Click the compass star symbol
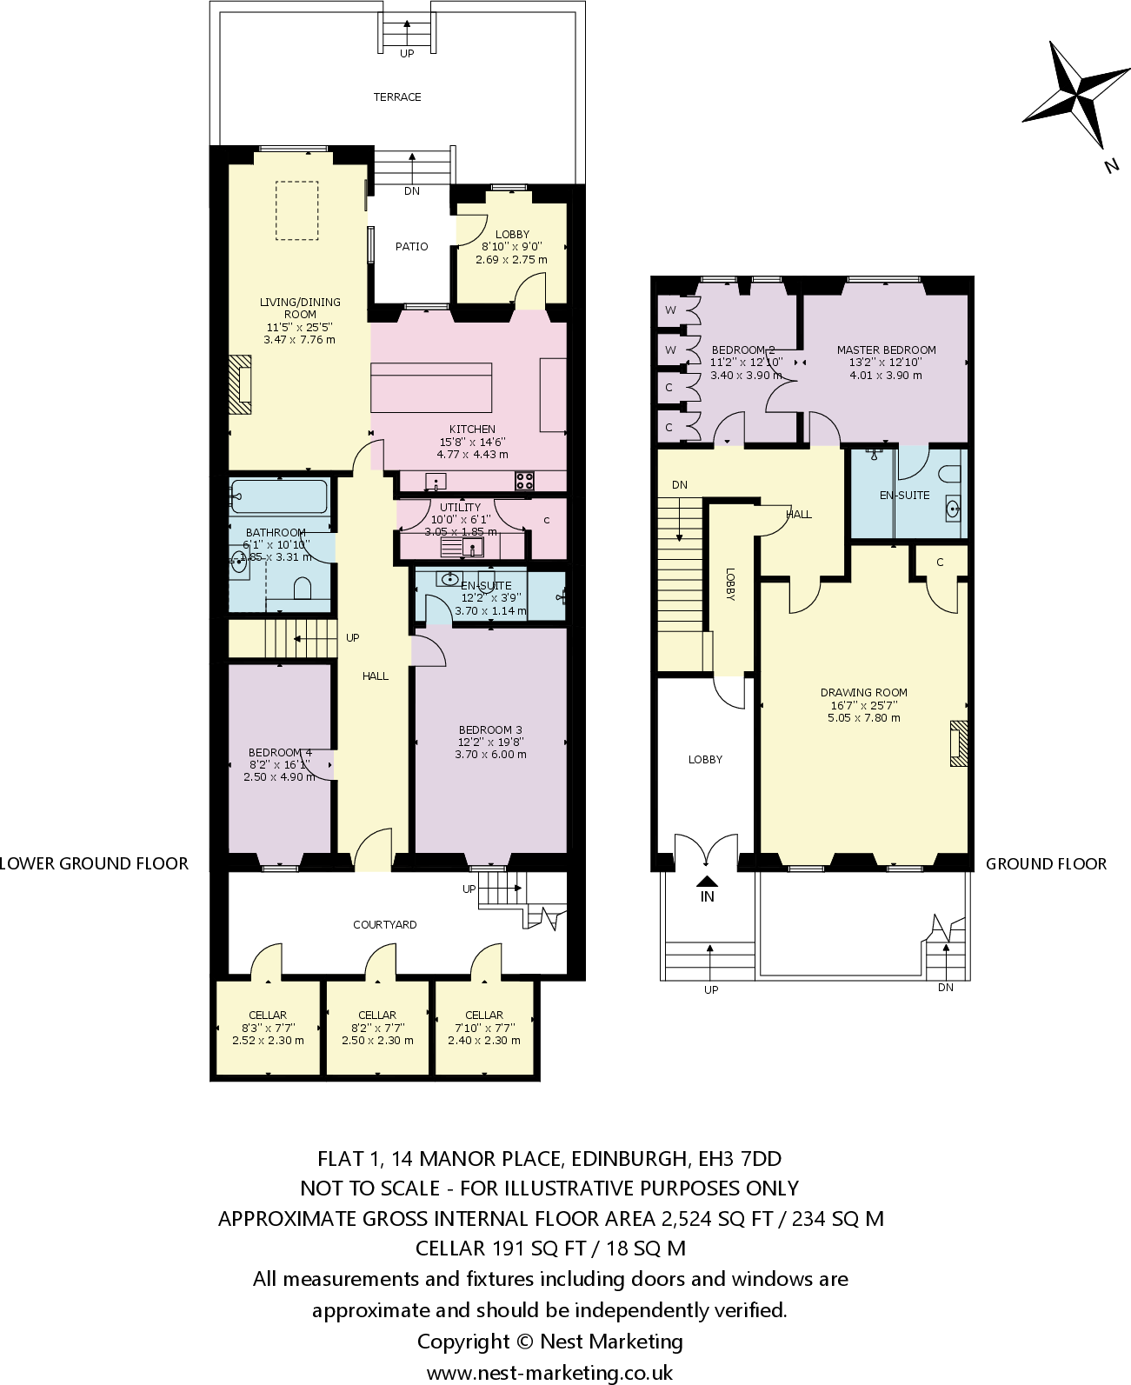[x=1077, y=94]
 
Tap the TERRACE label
[x=397, y=97]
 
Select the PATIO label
[x=411, y=247]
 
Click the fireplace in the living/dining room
[x=240, y=384]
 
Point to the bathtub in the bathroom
[x=279, y=496]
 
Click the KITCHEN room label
[x=472, y=429]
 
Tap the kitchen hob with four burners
[x=524, y=480]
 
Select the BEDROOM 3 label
[x=490, y=730]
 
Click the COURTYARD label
[x=385, y=925]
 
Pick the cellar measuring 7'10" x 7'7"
[x=484, y=1028]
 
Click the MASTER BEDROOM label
[x=886, y=350]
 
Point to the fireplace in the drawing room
[x=958, y=743]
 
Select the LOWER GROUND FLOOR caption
[x=94, y=864]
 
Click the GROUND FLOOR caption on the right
[x=1046, y=864]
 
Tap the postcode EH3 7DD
[x=739, y=1159]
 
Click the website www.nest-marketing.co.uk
[x=549, y=1373]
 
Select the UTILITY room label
[x=460, y=508]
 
